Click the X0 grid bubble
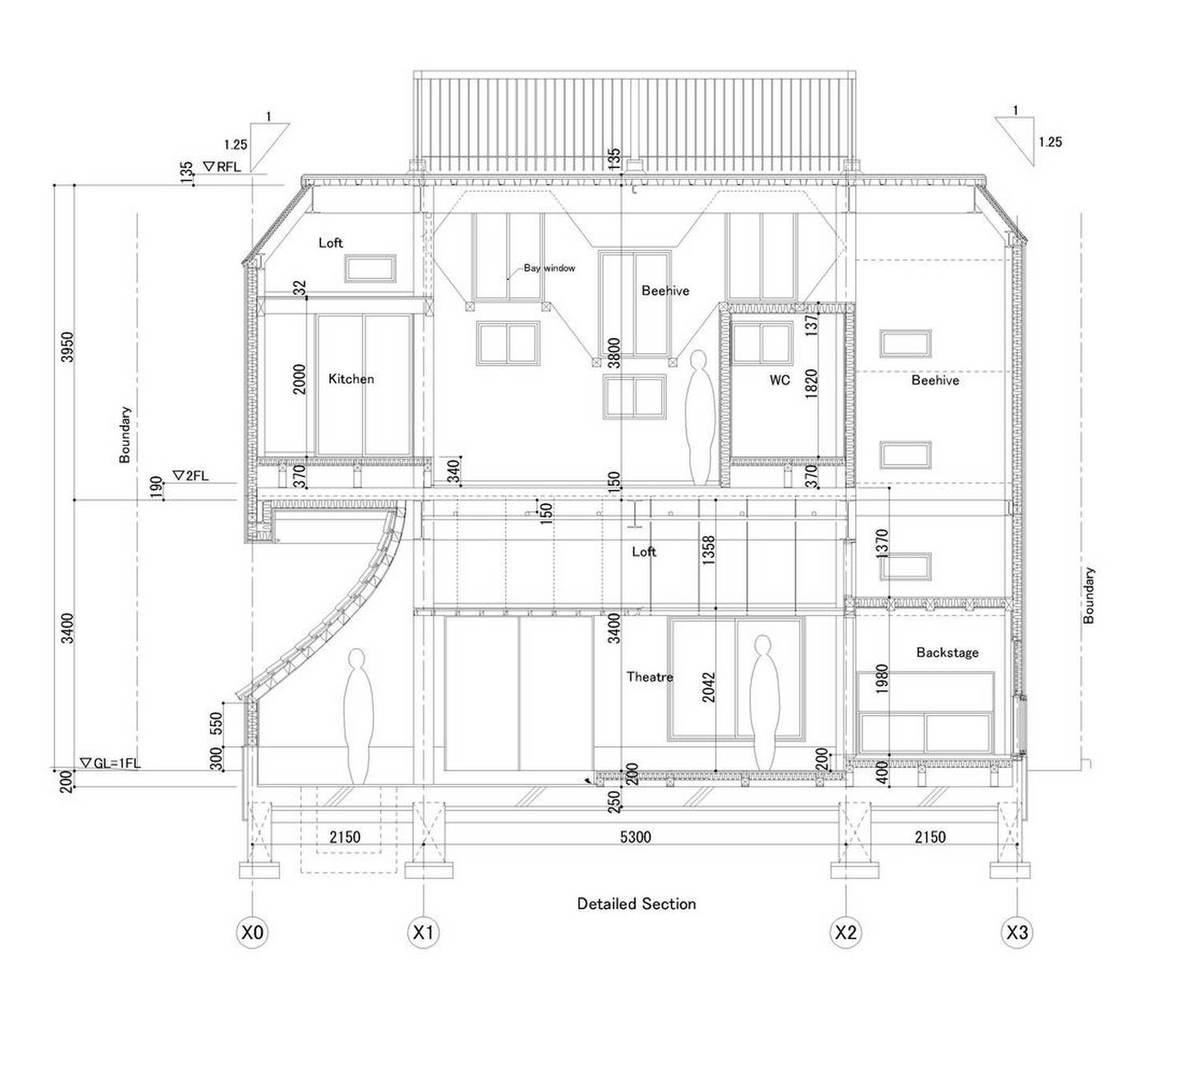pyautogui.click(x=252, y=933)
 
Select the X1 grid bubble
pyautogui.click(x=423, y=933)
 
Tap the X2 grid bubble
pyautogui.click(x=846, y=933)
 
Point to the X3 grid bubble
pyautogui.click(x=1017, y=933)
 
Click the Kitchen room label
pyautogui.click(x=351, y=379)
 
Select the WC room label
pyautogui.click(x=780, y=380)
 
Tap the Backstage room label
pyautogui.click(x=946, y=653)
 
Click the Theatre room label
pyautogui.click(x=649, y=677)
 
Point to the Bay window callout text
pyautogui.click(x=549, y=268)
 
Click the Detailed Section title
pyautogui.click(x=636, y=904)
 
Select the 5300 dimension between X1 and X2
pyautogui.click(x=635, y=837)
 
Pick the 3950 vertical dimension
pyautogui.click(x=68, y=347)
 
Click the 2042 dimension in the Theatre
pyautogui.click(x=709, y=687)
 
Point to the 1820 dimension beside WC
pyautogui.click(x=811, y=383)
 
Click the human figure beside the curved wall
pyautogui.click(x=357, y=717)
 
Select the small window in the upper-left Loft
pyautogui.click(x=371, y=269)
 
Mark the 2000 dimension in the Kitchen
pyautogui.click(x=299, y=379)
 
